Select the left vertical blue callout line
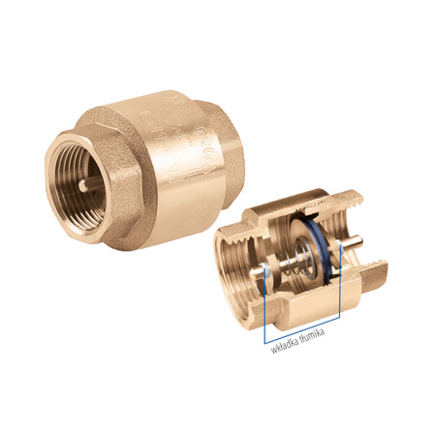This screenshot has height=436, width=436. click(x=264, y=315)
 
